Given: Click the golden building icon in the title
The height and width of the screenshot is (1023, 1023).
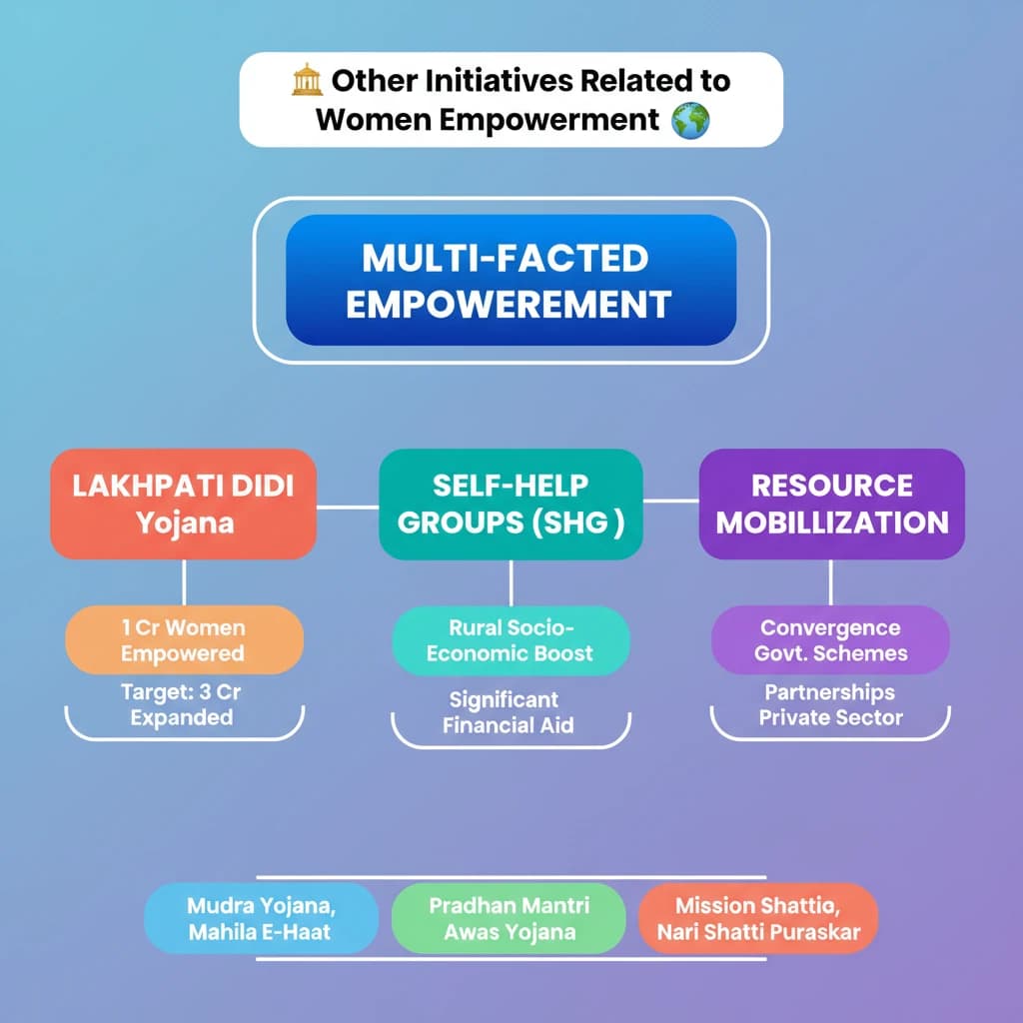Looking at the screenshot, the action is [x=307, y=80].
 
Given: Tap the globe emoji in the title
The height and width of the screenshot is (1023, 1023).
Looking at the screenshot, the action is [x=690, y=121].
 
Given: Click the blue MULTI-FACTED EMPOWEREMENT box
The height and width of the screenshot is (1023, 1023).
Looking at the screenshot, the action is [x=511, y=280].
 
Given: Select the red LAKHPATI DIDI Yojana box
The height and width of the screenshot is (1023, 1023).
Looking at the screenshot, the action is [x=184, y=504].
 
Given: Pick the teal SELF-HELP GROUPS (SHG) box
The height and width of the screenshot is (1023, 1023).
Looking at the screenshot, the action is [x=511, y=504].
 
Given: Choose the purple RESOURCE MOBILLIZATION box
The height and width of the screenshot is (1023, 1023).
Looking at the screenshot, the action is [x=832, y=504].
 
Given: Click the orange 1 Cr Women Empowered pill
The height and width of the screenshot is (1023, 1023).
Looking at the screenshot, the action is [x=184, y=640].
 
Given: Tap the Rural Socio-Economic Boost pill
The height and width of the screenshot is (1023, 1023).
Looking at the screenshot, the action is [x=511, y=640].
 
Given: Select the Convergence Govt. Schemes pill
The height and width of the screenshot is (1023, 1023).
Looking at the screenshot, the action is [x=830, y=640].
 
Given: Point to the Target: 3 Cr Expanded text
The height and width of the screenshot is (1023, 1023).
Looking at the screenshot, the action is [x=182, y=704].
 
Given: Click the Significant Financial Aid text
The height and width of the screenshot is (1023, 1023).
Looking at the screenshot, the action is [x=508, y=712].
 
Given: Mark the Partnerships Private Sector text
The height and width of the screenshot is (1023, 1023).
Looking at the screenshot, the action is [x=830, y=704].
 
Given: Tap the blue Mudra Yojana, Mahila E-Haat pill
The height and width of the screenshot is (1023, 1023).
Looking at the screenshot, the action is [x=261, y=919].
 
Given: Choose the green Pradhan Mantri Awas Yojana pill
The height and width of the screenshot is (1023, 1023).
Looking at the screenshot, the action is [x=509, y=919].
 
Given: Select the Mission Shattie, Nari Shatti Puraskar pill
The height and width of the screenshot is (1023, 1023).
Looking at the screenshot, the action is [x=758, y=919].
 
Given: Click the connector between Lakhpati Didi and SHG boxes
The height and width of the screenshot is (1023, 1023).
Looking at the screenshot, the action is [x=348, y=507].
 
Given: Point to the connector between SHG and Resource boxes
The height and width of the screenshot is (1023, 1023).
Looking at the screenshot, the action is [x=671, y=502].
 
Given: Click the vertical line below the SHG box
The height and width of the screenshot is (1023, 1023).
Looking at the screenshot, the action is [x=511, y=583].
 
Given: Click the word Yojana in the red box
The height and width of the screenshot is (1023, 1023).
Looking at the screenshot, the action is [x=185, y=523].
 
